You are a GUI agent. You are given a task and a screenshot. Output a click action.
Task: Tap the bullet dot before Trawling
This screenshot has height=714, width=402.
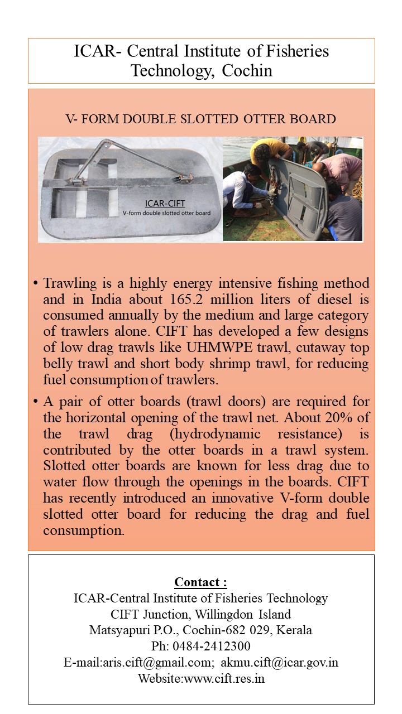click(x=35, y=283)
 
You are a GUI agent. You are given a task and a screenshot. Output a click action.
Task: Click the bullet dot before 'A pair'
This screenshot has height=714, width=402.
click(x=35, y=402)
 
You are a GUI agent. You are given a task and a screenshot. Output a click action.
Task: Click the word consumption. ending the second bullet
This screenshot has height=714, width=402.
click(x=84, y=530)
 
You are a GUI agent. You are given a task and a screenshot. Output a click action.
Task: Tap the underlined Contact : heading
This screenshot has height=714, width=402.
click(x=201, y=582)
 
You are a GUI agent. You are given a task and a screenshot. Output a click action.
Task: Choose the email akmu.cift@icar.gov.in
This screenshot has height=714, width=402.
click(x=279, y=662)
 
